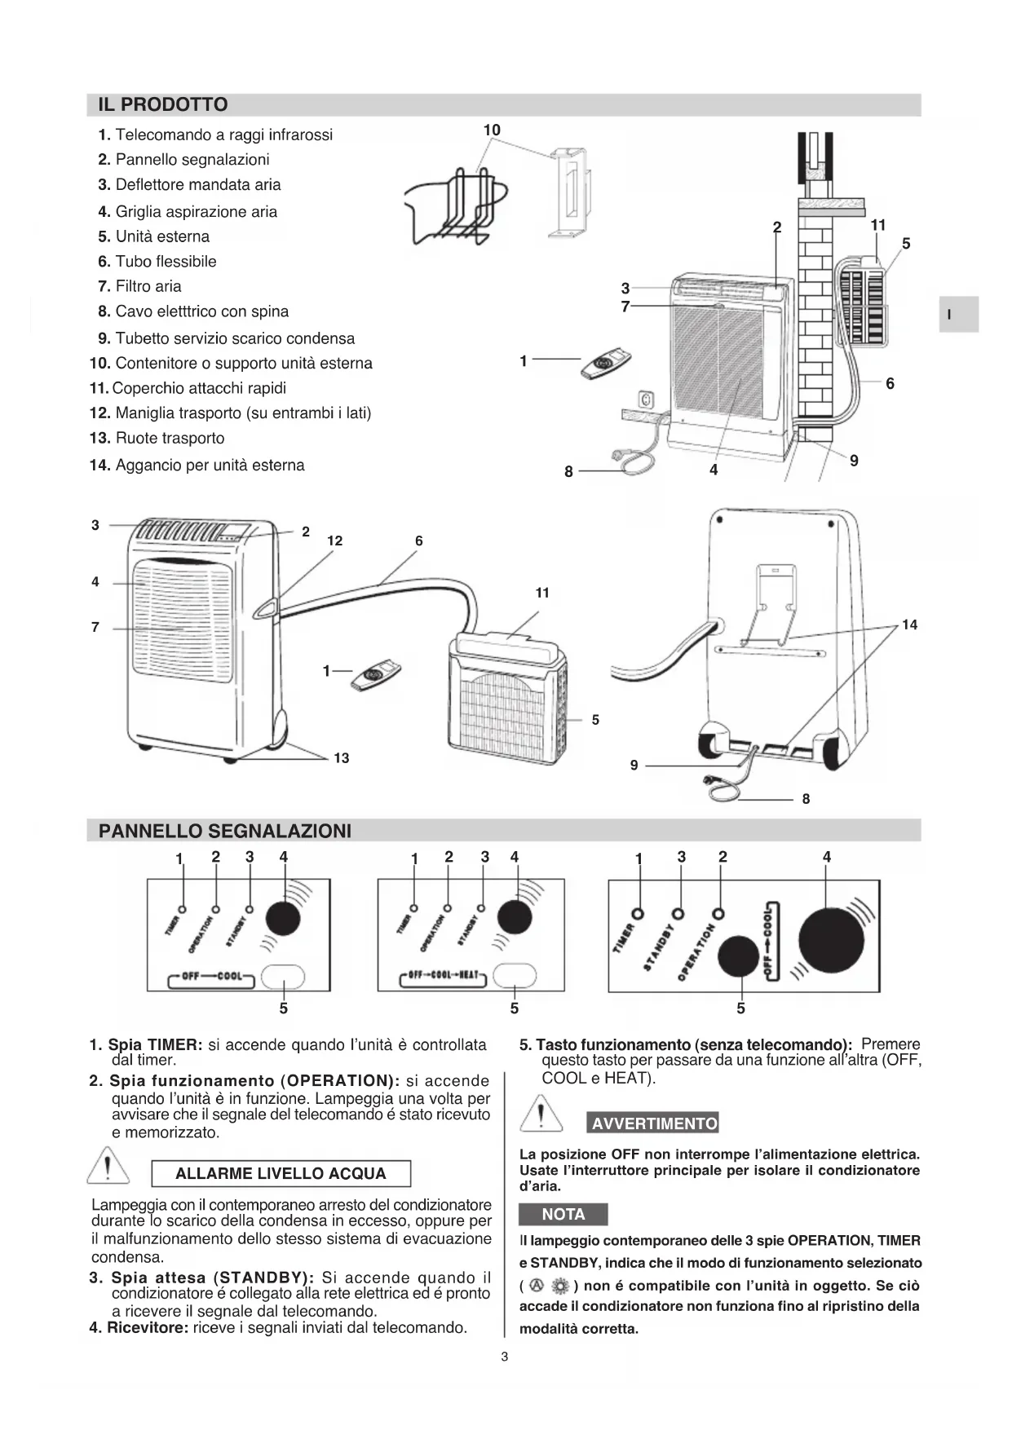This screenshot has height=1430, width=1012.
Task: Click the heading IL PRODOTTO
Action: tap(162, 104)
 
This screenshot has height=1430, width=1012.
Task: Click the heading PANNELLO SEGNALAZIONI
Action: tap(224, 831)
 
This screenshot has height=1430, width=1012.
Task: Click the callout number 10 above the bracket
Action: tap(492, 130)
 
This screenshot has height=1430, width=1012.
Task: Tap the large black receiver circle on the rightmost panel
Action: tap(830, 940)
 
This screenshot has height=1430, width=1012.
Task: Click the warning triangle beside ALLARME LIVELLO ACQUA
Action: tap(108, 1166)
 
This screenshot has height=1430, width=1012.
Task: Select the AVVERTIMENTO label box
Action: tap(653, 1123)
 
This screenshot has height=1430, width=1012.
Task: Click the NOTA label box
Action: tap(563, 1214)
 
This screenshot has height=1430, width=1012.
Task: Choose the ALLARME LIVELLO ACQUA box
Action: tap(281, 1173)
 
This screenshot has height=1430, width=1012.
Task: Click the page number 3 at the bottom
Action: tap(505, 1357)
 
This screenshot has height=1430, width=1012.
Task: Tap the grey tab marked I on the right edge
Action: tap(957, 314)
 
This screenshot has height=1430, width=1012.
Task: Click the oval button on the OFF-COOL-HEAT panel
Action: tap(515, 975)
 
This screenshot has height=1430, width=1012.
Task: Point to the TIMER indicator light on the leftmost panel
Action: tap(183, 908)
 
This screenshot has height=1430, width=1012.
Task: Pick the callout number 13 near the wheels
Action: tap(341, 758)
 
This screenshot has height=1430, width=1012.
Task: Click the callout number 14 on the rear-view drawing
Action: tap(909, 625)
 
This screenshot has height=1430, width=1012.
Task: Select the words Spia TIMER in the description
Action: tap(155, 1044)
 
